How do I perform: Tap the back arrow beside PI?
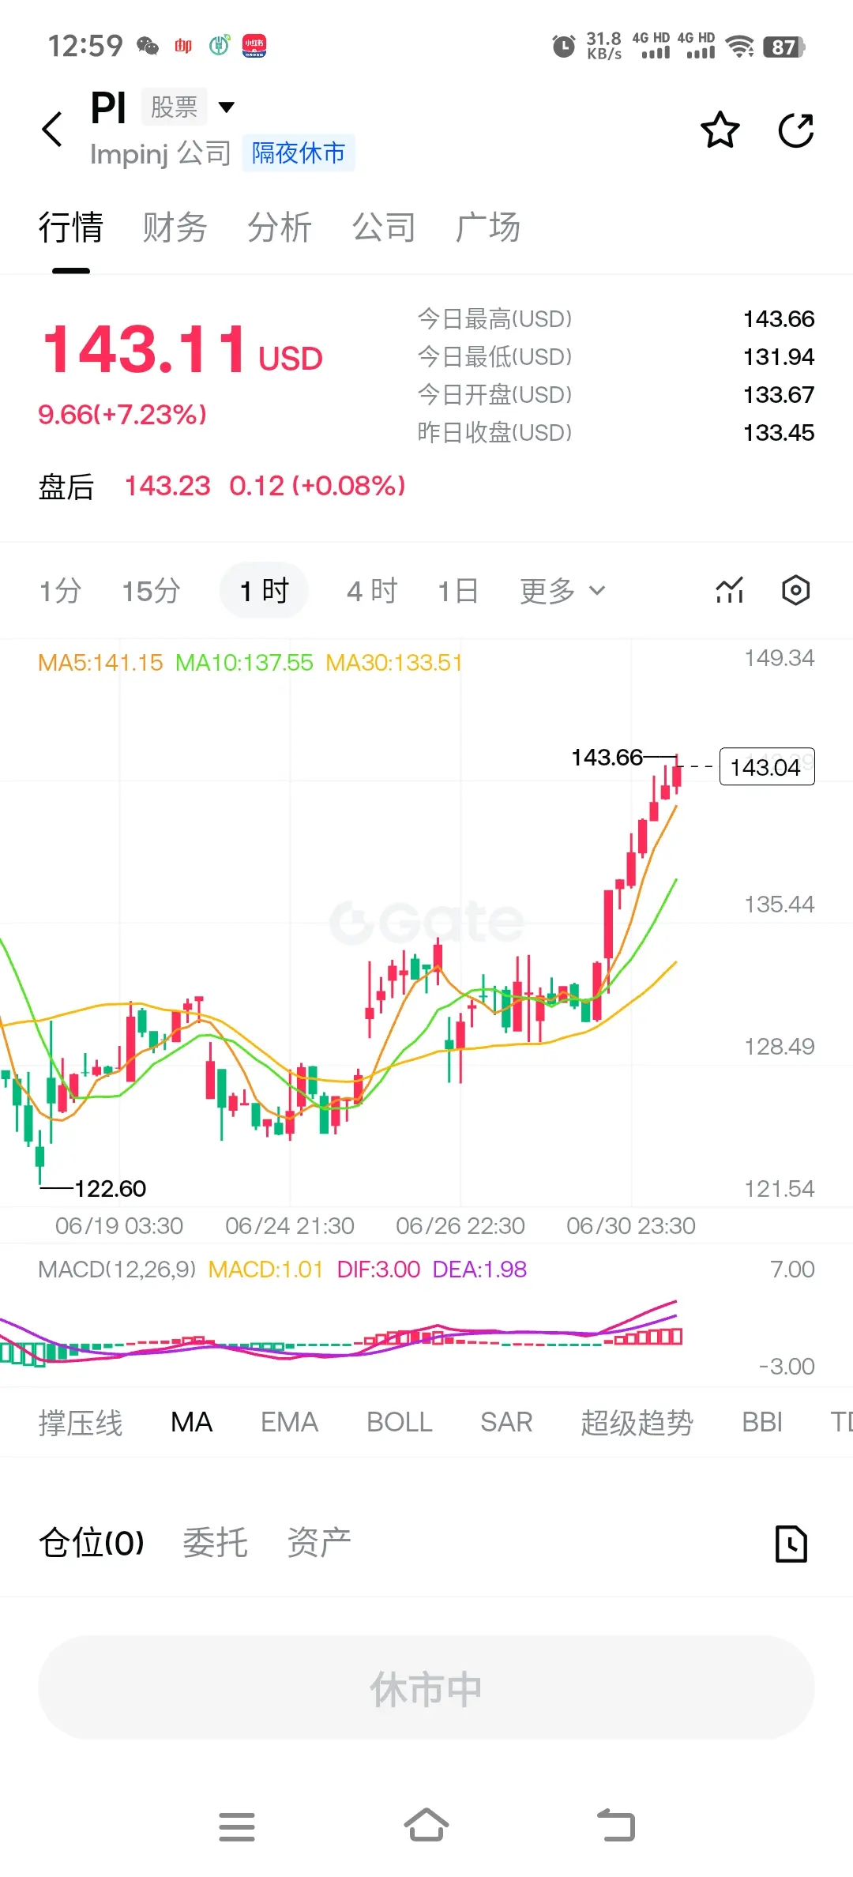coord(52,130)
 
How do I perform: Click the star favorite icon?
coord(720,130)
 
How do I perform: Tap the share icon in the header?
coord(796,130)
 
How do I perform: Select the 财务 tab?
coord(175,228)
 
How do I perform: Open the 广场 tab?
coord(487,228)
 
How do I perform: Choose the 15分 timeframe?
coord(151,591)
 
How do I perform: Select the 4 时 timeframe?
coord(372,591)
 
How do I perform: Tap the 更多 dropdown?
coord(562,591)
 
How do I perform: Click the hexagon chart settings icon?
coord(795,590)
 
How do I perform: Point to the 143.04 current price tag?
coord(767,766)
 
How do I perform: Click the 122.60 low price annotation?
coord(111,1188)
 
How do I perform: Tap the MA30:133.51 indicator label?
coord(394,662)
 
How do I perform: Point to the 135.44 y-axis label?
coord(780,904)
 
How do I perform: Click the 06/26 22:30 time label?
coord(460,1225)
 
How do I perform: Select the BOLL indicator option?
coord(400,1422)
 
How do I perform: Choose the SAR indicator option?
coord(506,1422)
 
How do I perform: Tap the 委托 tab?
coord(215,1542)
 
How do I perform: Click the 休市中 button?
coord(426,1687)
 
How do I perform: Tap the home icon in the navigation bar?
coord(426,1825)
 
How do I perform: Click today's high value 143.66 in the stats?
coord(779,318)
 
